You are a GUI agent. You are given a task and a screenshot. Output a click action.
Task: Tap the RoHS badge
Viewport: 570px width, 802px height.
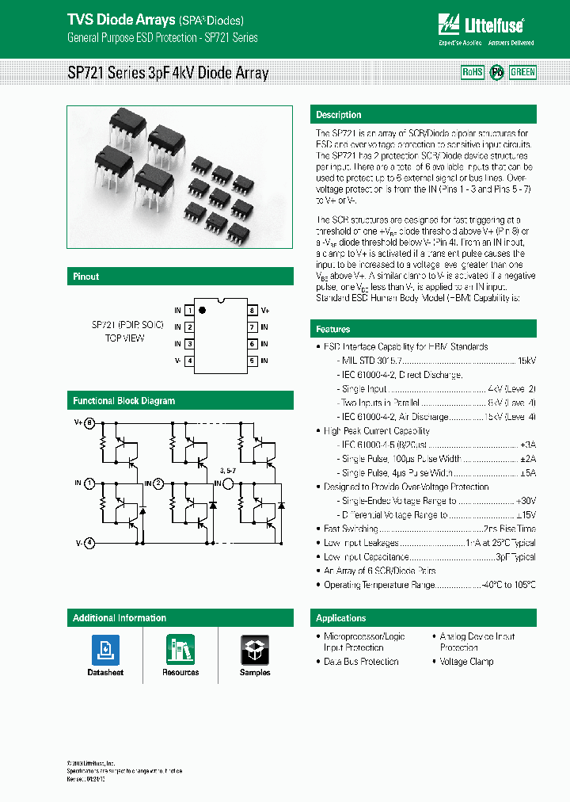473,72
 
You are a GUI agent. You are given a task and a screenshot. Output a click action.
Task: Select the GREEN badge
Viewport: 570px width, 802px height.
522,72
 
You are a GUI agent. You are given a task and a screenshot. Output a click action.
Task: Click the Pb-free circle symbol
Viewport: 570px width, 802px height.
497,72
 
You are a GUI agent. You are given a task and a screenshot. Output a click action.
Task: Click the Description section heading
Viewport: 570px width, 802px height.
339,115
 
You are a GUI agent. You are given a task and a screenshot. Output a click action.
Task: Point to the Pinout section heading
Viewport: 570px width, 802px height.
86,277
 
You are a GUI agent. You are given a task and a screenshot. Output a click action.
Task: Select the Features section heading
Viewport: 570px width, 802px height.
333,329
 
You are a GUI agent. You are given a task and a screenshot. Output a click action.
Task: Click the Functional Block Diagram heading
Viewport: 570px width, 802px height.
124,401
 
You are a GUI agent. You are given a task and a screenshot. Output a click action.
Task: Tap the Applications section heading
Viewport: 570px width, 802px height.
341,618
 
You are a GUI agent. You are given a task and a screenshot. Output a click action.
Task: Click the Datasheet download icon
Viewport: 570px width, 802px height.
105,650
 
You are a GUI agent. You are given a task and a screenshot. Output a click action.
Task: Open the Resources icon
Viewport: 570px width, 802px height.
180,650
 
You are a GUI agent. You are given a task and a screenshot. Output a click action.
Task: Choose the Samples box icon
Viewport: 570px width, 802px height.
255,650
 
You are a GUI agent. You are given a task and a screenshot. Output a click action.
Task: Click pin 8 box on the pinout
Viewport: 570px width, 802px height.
252,311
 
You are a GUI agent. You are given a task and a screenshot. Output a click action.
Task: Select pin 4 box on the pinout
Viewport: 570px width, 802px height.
189,361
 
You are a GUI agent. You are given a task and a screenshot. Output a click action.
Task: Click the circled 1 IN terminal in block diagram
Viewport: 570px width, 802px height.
89,483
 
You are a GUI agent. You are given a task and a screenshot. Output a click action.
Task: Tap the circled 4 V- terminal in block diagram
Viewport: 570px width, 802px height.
89,543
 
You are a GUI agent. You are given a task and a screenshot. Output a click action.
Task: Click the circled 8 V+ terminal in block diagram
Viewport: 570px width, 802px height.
89,423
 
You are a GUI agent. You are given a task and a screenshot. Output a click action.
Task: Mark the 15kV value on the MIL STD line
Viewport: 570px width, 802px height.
526,361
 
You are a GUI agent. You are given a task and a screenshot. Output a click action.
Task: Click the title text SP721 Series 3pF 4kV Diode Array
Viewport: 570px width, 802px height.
168,74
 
